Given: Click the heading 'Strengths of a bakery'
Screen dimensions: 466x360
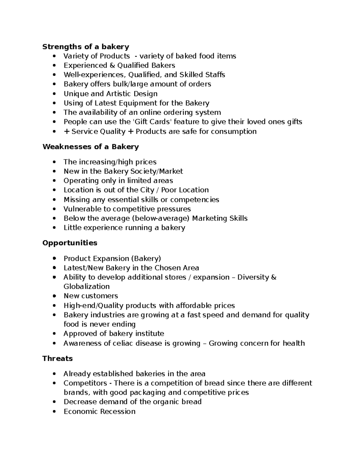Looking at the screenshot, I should point(85,47).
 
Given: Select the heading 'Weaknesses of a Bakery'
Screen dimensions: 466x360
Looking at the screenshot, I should point(91,147).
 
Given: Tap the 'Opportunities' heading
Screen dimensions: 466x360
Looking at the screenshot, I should point(70,243).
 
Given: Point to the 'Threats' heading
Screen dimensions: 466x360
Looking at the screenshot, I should point(57,359).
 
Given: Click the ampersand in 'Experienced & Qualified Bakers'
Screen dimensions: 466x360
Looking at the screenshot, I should point(112,65).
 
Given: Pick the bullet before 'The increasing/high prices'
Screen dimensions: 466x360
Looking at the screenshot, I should point(54,162).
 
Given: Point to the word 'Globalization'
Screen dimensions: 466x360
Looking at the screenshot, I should point(86,286).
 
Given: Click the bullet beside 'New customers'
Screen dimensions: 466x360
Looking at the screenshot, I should point(54,296).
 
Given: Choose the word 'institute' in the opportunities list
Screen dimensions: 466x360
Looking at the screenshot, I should point(149,333).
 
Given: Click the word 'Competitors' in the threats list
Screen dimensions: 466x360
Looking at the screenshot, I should point(85,383).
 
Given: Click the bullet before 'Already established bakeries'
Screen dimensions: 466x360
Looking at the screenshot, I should point(54,374).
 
